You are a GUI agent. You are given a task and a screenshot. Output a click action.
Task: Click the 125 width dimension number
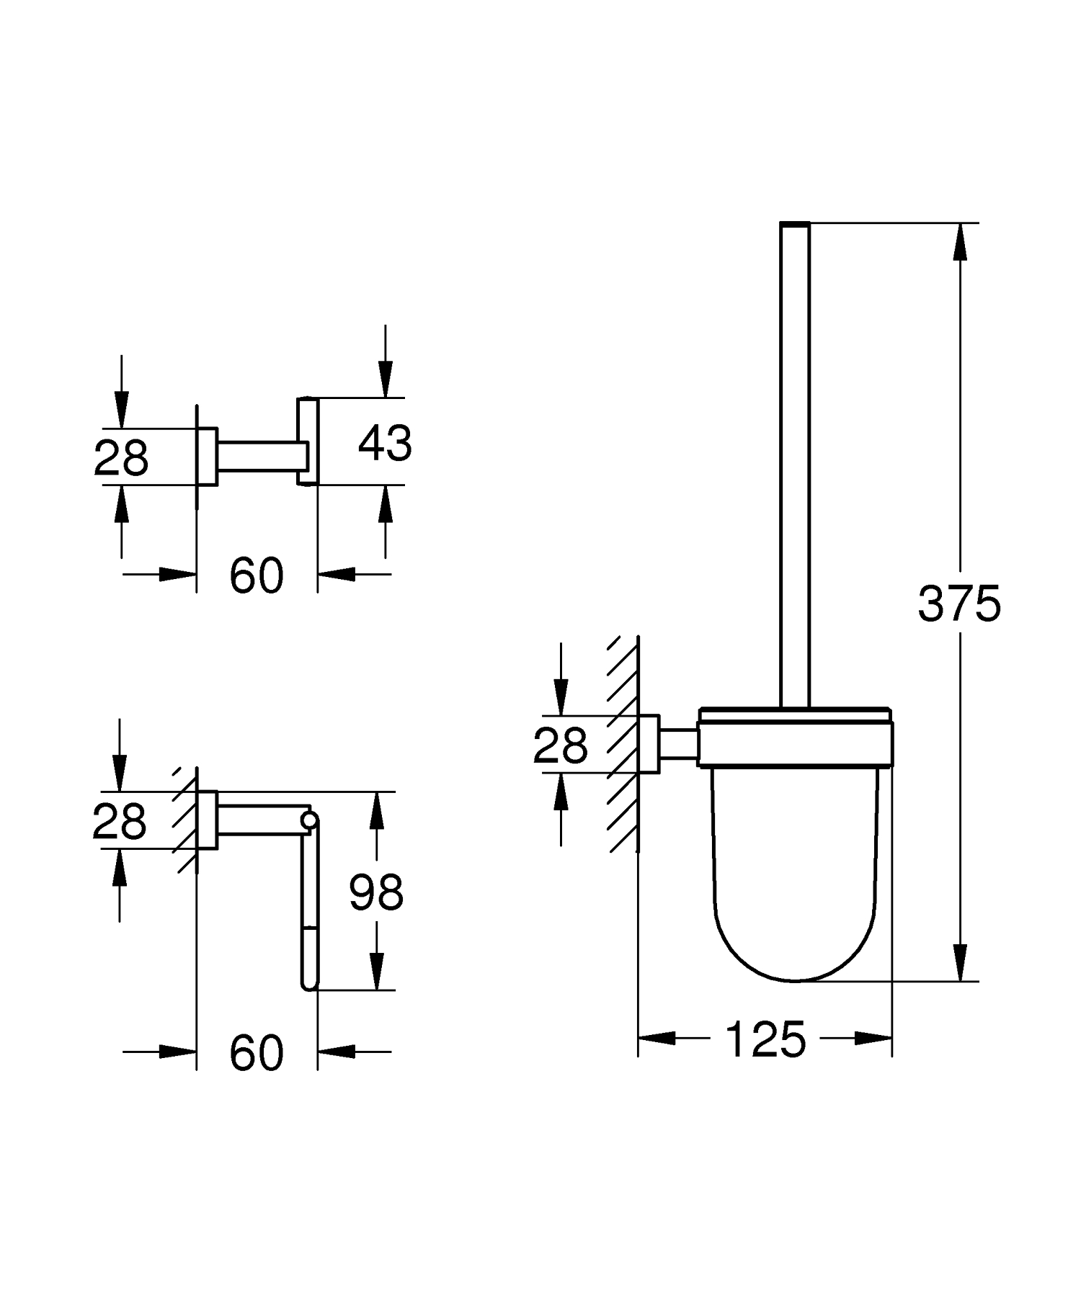(765, 1040)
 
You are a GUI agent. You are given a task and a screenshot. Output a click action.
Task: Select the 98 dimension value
(375, 892)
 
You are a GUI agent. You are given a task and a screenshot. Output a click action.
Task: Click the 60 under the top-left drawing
(257, 576)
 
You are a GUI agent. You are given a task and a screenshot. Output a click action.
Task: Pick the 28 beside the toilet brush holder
(560, 745)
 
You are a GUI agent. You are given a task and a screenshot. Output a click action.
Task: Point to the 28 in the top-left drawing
(121, 458)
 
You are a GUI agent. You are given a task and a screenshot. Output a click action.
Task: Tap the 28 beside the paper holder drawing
(120, 822)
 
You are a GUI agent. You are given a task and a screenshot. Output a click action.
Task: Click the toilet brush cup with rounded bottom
(795, 879)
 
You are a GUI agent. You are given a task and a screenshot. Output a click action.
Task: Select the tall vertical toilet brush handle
(795, 461)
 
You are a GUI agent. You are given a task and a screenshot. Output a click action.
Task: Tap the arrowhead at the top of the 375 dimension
(959, 242)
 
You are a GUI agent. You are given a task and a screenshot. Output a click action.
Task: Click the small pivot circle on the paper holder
(310, 820)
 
